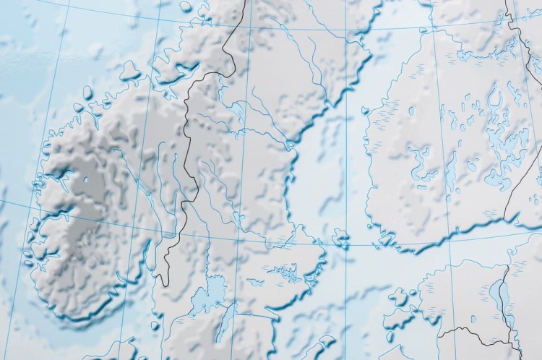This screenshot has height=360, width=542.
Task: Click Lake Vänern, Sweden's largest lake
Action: (x=210, y=294)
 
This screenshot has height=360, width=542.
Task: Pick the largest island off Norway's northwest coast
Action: (x=130, y=70)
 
